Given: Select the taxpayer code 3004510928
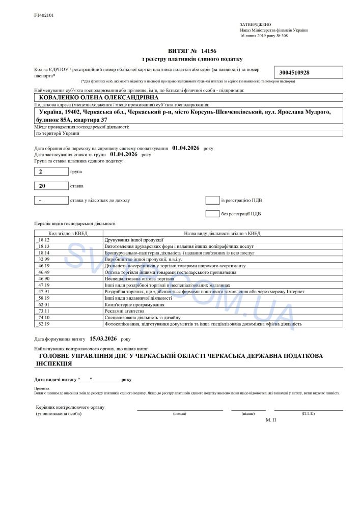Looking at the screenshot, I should click(x=295, y=73).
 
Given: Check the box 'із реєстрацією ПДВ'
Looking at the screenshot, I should click(x=212, y=200).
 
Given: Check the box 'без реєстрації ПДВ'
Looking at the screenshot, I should click(x=212, y=213).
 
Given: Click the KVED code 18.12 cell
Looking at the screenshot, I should click(x=44, y=239).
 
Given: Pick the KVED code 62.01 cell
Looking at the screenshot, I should click(x=44, y=304).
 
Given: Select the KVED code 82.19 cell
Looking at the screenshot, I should click(x=44, y=324).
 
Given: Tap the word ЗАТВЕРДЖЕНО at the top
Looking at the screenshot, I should click(x=256, y=24).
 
